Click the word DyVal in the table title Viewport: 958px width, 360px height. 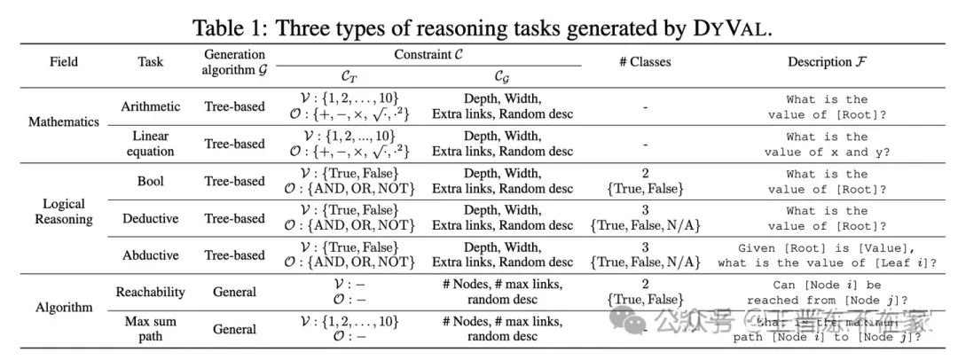[728, 27]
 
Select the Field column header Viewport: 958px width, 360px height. [63, 62]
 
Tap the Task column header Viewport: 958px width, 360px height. [150, 62]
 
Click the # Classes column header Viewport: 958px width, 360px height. [645, 62]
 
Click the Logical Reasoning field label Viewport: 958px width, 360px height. [63, 211]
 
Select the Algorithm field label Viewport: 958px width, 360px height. [63, 308]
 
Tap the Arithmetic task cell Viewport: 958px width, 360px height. [150, 106]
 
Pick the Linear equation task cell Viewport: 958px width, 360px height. [150, 144]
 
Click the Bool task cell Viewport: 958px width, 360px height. [150, 181]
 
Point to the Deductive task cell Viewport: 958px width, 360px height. [150, 218]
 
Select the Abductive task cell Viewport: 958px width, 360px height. [150, 255]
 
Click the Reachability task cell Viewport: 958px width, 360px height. [150, 292]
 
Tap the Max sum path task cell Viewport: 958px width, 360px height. [150, 329]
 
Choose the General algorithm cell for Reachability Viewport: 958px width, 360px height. [234, 292]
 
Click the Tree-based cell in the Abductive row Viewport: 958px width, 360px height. [234, 255]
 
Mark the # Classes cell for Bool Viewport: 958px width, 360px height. [645, 181]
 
